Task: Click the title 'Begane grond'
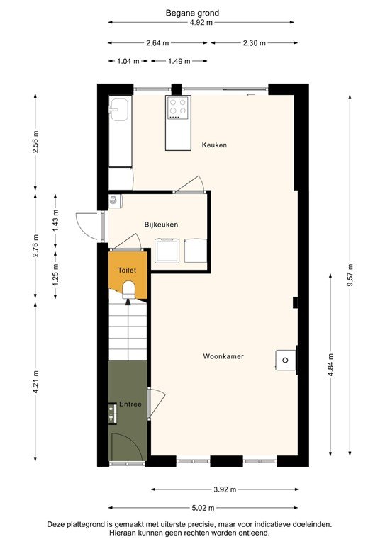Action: (192, 13)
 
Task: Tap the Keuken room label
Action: (214, 145)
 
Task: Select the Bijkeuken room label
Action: (161, 225)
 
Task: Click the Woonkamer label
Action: (223, 356)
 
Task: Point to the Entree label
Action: (130, 404)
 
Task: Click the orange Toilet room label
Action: (127, 271)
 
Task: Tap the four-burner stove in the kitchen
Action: (178, 108)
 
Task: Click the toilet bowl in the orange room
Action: (128, 288)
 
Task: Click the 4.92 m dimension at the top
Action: (202, 22)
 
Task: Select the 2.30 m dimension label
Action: (252, 42)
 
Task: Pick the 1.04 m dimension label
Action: (127, 61)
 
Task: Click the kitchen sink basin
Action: (119, 111)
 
